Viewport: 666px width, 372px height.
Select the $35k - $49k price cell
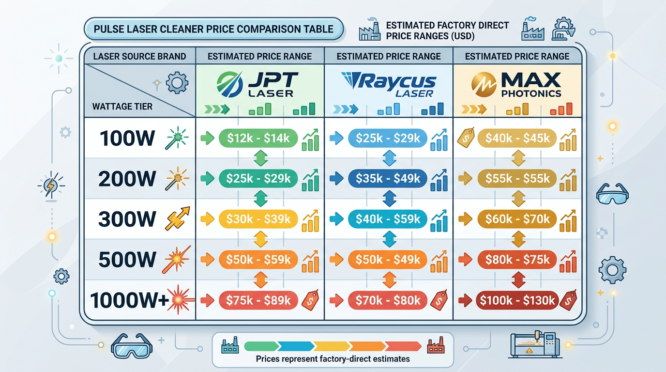coord(388,179)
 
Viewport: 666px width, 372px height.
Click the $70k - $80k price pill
coord(388,300)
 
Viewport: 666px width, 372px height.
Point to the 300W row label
coord(127,219)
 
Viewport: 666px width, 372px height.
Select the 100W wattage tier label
coord(127,139)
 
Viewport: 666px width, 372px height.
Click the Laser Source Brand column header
coord(139,56)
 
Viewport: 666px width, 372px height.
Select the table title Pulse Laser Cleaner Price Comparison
coord(213,29)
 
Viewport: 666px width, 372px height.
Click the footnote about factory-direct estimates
coord(333,359)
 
